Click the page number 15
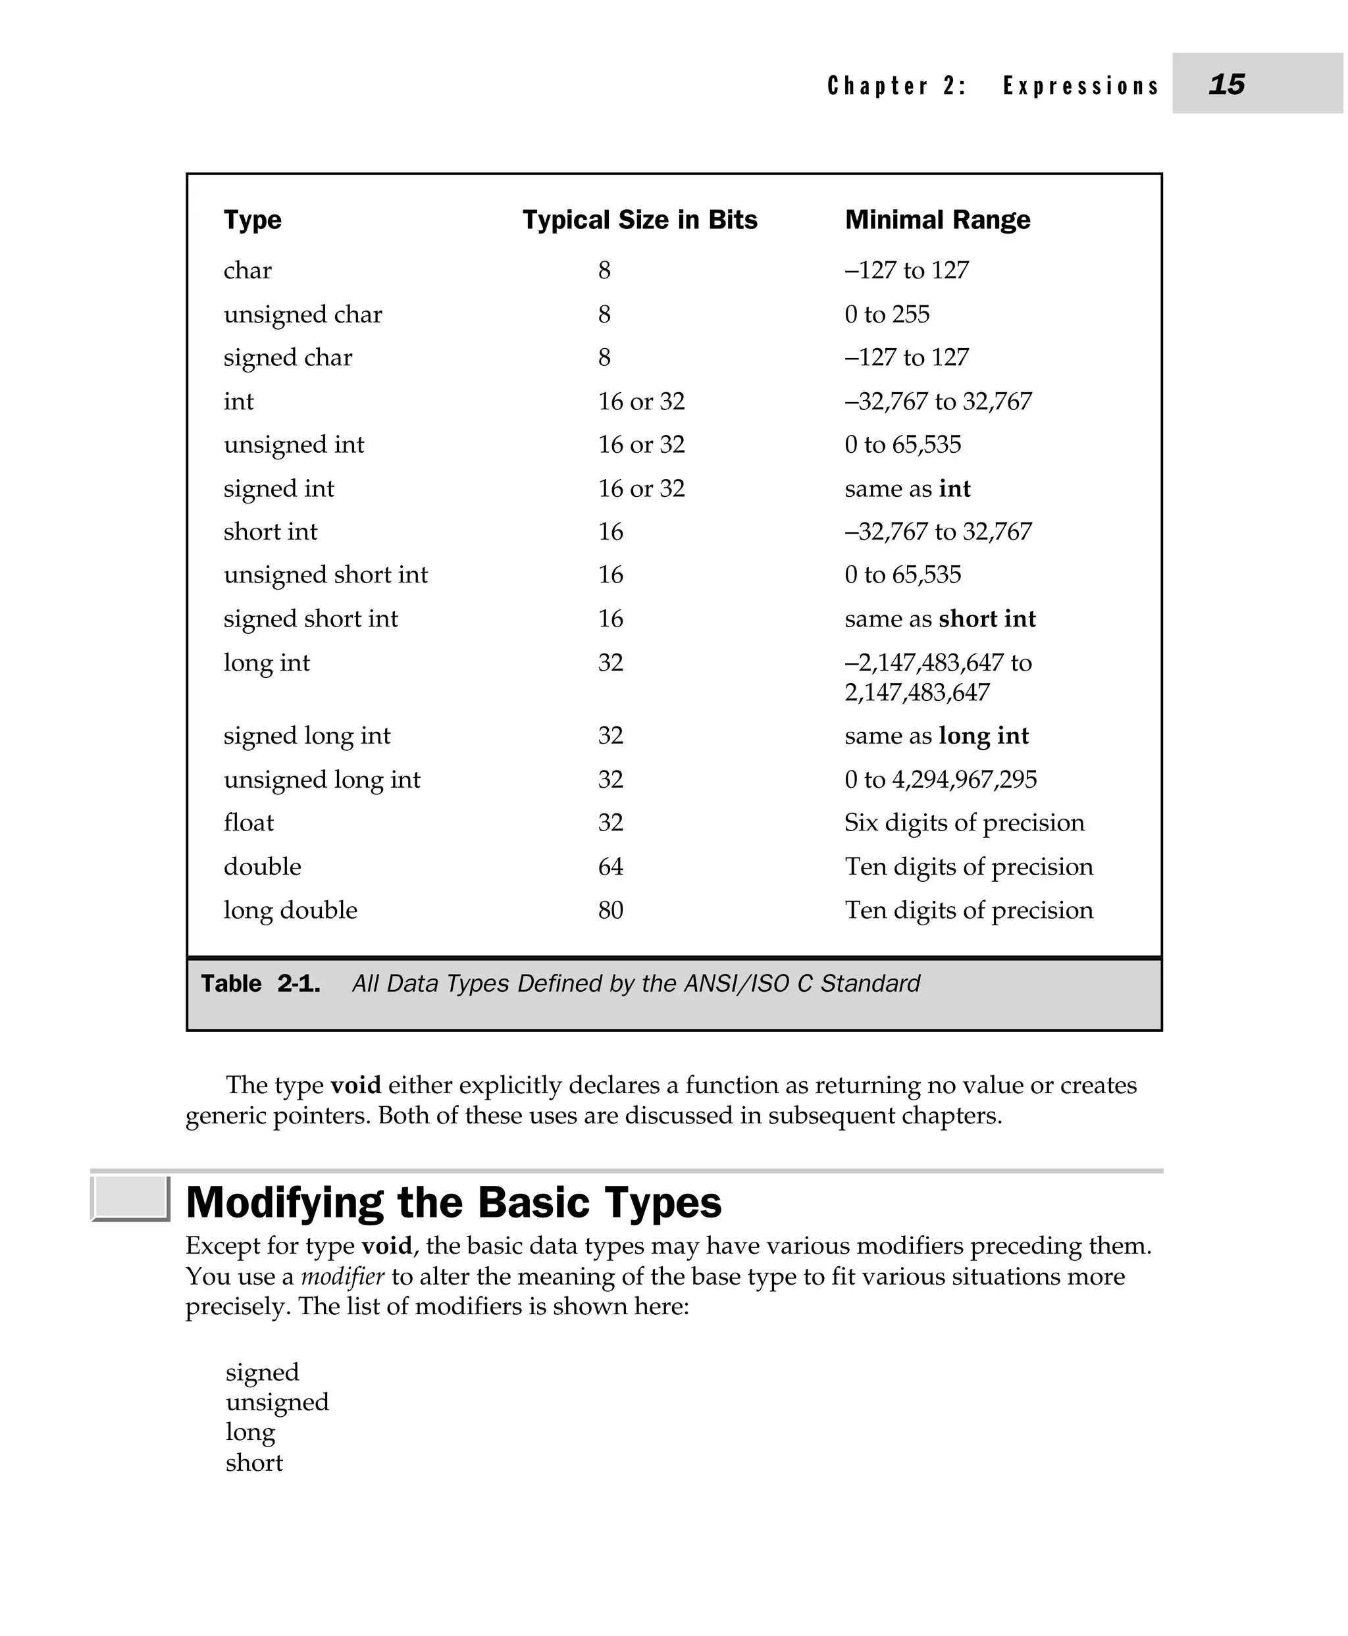pos(1226,84)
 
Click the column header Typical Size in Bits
pos(639,220)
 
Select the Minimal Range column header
pos(937,220)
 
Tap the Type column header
pos(252,220)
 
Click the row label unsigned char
pos(303,315)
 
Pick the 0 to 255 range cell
pos(887,315)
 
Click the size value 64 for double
pos(610,867)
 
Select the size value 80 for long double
pos(610,910)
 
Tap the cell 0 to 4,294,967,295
pos(941,780)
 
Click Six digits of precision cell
pos(964,823)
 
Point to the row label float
pos(249,823)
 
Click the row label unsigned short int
pos(325,575)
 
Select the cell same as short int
pos(939,619)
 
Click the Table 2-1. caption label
pos(260,984)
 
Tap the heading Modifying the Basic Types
pos(454,1203)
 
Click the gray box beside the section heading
pos(130,1198)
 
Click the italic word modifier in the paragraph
pos(342,1277)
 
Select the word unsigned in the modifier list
pos(277,1402)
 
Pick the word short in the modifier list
pos(254,1463)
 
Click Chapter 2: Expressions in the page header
pos(993,86)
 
